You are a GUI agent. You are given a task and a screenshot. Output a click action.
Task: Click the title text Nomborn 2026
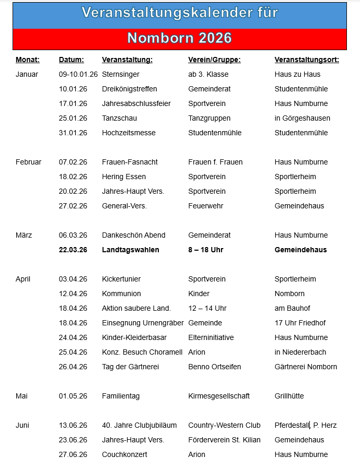point(179,39)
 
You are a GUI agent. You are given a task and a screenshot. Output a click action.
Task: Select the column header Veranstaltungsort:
point(307,60)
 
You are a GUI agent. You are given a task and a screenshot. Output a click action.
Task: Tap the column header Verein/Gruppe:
point(214,60)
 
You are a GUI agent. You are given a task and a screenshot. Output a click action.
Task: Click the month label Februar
point(29,162)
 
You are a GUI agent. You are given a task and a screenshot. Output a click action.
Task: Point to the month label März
point(24,235)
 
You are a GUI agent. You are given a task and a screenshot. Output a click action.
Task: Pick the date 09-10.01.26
point(78,74)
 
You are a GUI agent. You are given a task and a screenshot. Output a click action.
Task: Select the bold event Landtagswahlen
point(131,250)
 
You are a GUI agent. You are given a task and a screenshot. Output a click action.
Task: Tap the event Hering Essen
point(124,177)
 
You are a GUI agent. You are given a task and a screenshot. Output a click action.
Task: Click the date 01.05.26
point(73,396)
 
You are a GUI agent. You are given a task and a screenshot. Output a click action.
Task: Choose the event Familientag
point(121,396)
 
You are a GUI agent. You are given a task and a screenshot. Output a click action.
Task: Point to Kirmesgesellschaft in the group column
point(219,396)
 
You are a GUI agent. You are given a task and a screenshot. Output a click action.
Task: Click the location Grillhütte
point(289,396)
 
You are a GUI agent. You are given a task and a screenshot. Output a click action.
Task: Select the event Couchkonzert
point(123,454)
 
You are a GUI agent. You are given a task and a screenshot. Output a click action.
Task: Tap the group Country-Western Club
point(224,425)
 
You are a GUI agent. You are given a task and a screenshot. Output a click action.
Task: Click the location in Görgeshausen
point(302,118)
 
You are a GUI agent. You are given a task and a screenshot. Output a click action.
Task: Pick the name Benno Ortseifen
point(215,367)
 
